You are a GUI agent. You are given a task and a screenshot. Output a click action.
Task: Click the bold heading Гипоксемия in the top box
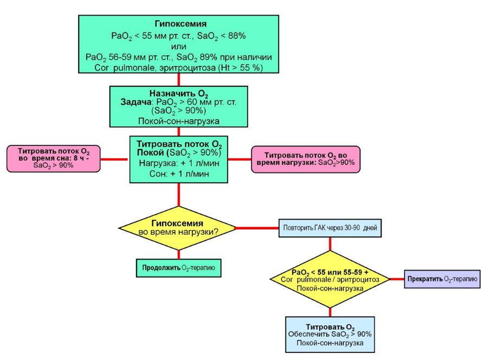(x=180, y=24)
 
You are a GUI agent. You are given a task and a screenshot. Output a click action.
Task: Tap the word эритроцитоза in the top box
(x=188, y=67)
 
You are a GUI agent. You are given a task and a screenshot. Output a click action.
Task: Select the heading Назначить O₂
(x=178, y=93)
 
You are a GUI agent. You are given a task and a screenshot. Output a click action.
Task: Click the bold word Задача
(x=136, y=102)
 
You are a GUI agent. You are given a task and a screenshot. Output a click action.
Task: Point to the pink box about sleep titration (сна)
(x=54, y=159)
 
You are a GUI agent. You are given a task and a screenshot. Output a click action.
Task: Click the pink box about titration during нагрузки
(x=306, y=159)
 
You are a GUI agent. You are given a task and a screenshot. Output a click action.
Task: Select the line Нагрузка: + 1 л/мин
(x=179, y=163)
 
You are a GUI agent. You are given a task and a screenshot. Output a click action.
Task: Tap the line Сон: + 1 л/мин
(x=179, y=173)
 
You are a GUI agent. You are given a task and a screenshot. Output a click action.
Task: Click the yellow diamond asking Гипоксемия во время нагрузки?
(x=177, y=228)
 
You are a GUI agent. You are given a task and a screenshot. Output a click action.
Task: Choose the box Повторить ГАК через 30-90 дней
(x=330, y=228)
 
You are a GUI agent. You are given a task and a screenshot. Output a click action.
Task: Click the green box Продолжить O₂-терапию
(x=179, y=268)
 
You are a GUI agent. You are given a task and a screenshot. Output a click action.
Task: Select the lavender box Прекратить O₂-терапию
(x=442, y=279)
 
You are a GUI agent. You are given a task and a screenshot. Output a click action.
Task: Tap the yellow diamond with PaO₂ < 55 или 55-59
(x=330, y=279)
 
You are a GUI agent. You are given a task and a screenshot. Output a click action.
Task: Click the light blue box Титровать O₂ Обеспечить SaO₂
(x=330, y=335)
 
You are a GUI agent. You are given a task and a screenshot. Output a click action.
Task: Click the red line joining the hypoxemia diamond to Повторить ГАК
(x=257, y=228)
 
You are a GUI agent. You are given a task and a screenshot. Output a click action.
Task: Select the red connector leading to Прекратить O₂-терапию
(x=397, y=279)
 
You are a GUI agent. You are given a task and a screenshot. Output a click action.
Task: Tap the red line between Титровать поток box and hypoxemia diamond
(x=179, y=195)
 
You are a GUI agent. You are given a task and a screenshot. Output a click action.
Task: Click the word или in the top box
(x=178, y=47)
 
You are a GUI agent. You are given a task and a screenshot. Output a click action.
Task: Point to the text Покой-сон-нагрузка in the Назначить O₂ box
(x=179, y=121)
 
